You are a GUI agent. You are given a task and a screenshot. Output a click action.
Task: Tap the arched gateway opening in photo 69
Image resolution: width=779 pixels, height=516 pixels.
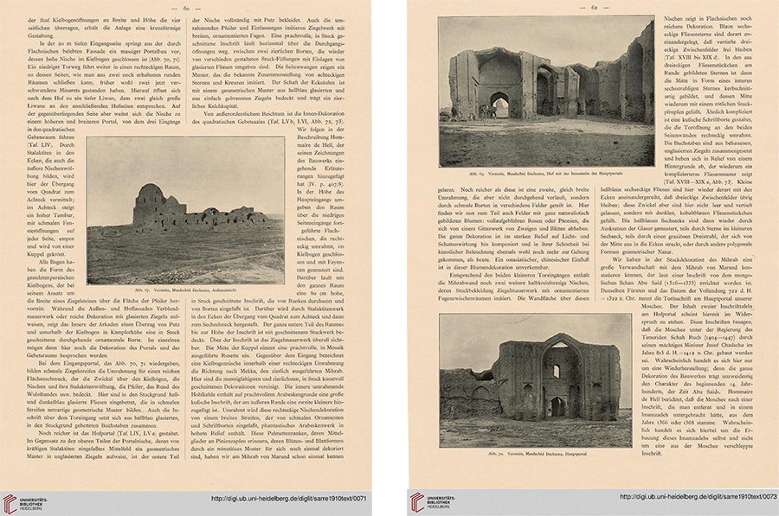pos(499,106)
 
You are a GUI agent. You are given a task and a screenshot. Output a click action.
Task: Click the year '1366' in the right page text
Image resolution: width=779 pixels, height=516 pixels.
pos(673,459)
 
